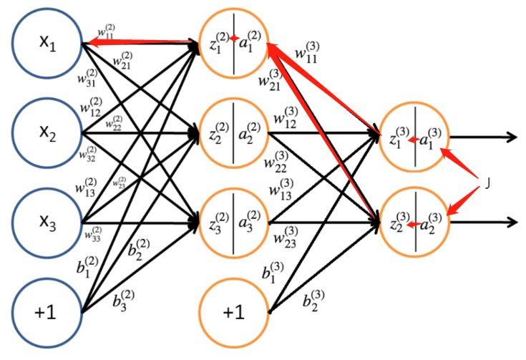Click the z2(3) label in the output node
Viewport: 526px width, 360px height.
pyautogui.click(x=396, y=225)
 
